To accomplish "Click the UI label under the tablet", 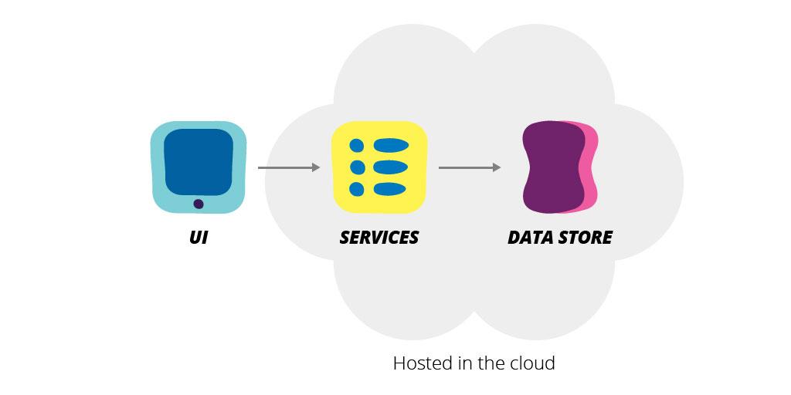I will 199,238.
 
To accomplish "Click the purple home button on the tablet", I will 199,204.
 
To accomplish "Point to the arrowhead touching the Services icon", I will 315,167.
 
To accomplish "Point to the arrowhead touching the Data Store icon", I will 497,167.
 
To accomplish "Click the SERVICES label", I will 379,238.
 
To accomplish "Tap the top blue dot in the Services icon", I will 357,145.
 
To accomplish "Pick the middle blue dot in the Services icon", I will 357,167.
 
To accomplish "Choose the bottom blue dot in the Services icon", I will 357,189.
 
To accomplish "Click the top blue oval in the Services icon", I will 391,145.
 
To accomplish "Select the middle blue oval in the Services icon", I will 391,167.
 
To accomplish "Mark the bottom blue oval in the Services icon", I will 391,189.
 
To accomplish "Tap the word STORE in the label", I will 586,238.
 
